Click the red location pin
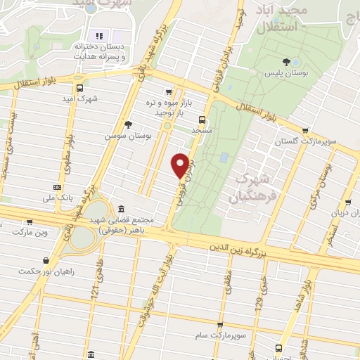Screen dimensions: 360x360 (181, 165)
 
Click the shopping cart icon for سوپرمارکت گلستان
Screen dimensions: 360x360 (304, 130)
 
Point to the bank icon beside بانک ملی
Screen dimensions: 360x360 (57, 187)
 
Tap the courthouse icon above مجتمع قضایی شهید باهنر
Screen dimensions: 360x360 (122, 210)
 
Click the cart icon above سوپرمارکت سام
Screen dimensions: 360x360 (221, 326)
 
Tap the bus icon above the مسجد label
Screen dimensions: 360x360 (202, 119)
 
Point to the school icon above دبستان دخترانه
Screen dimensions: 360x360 (99, 35)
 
